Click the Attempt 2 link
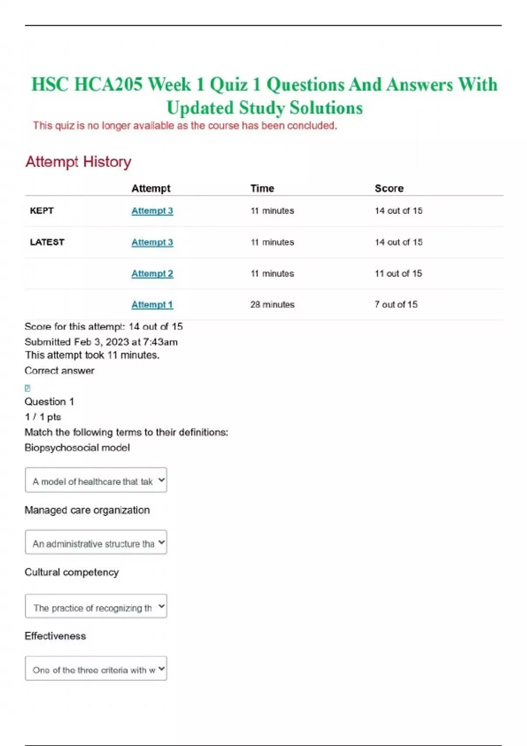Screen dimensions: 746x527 [152, 273]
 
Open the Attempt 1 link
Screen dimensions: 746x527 [152, 305]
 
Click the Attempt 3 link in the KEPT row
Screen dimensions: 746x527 [152, 211]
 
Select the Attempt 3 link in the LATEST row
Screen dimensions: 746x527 [152, 242]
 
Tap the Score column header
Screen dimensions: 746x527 [389, 188]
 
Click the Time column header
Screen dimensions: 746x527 [262, 188]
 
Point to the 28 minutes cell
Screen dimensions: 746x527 [272, 305]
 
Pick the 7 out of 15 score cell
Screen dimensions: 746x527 [396, 305]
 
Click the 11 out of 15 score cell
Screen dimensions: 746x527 [398, 273]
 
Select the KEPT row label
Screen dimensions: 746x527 [42, 211]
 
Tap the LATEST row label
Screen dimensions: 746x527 [47, 242]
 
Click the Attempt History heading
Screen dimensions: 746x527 [78, 161]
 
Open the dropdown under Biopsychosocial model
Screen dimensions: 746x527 [96, 480]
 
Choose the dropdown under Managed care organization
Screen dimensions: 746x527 [96, 542]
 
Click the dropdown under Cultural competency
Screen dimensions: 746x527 [96, 606]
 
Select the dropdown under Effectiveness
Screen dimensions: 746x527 [96, 669]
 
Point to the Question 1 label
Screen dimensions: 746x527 [49, 402]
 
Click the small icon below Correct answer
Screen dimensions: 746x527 [28, 388]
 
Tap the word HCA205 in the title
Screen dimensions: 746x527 [108, 84]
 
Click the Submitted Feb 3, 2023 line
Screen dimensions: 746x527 [101, 342]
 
